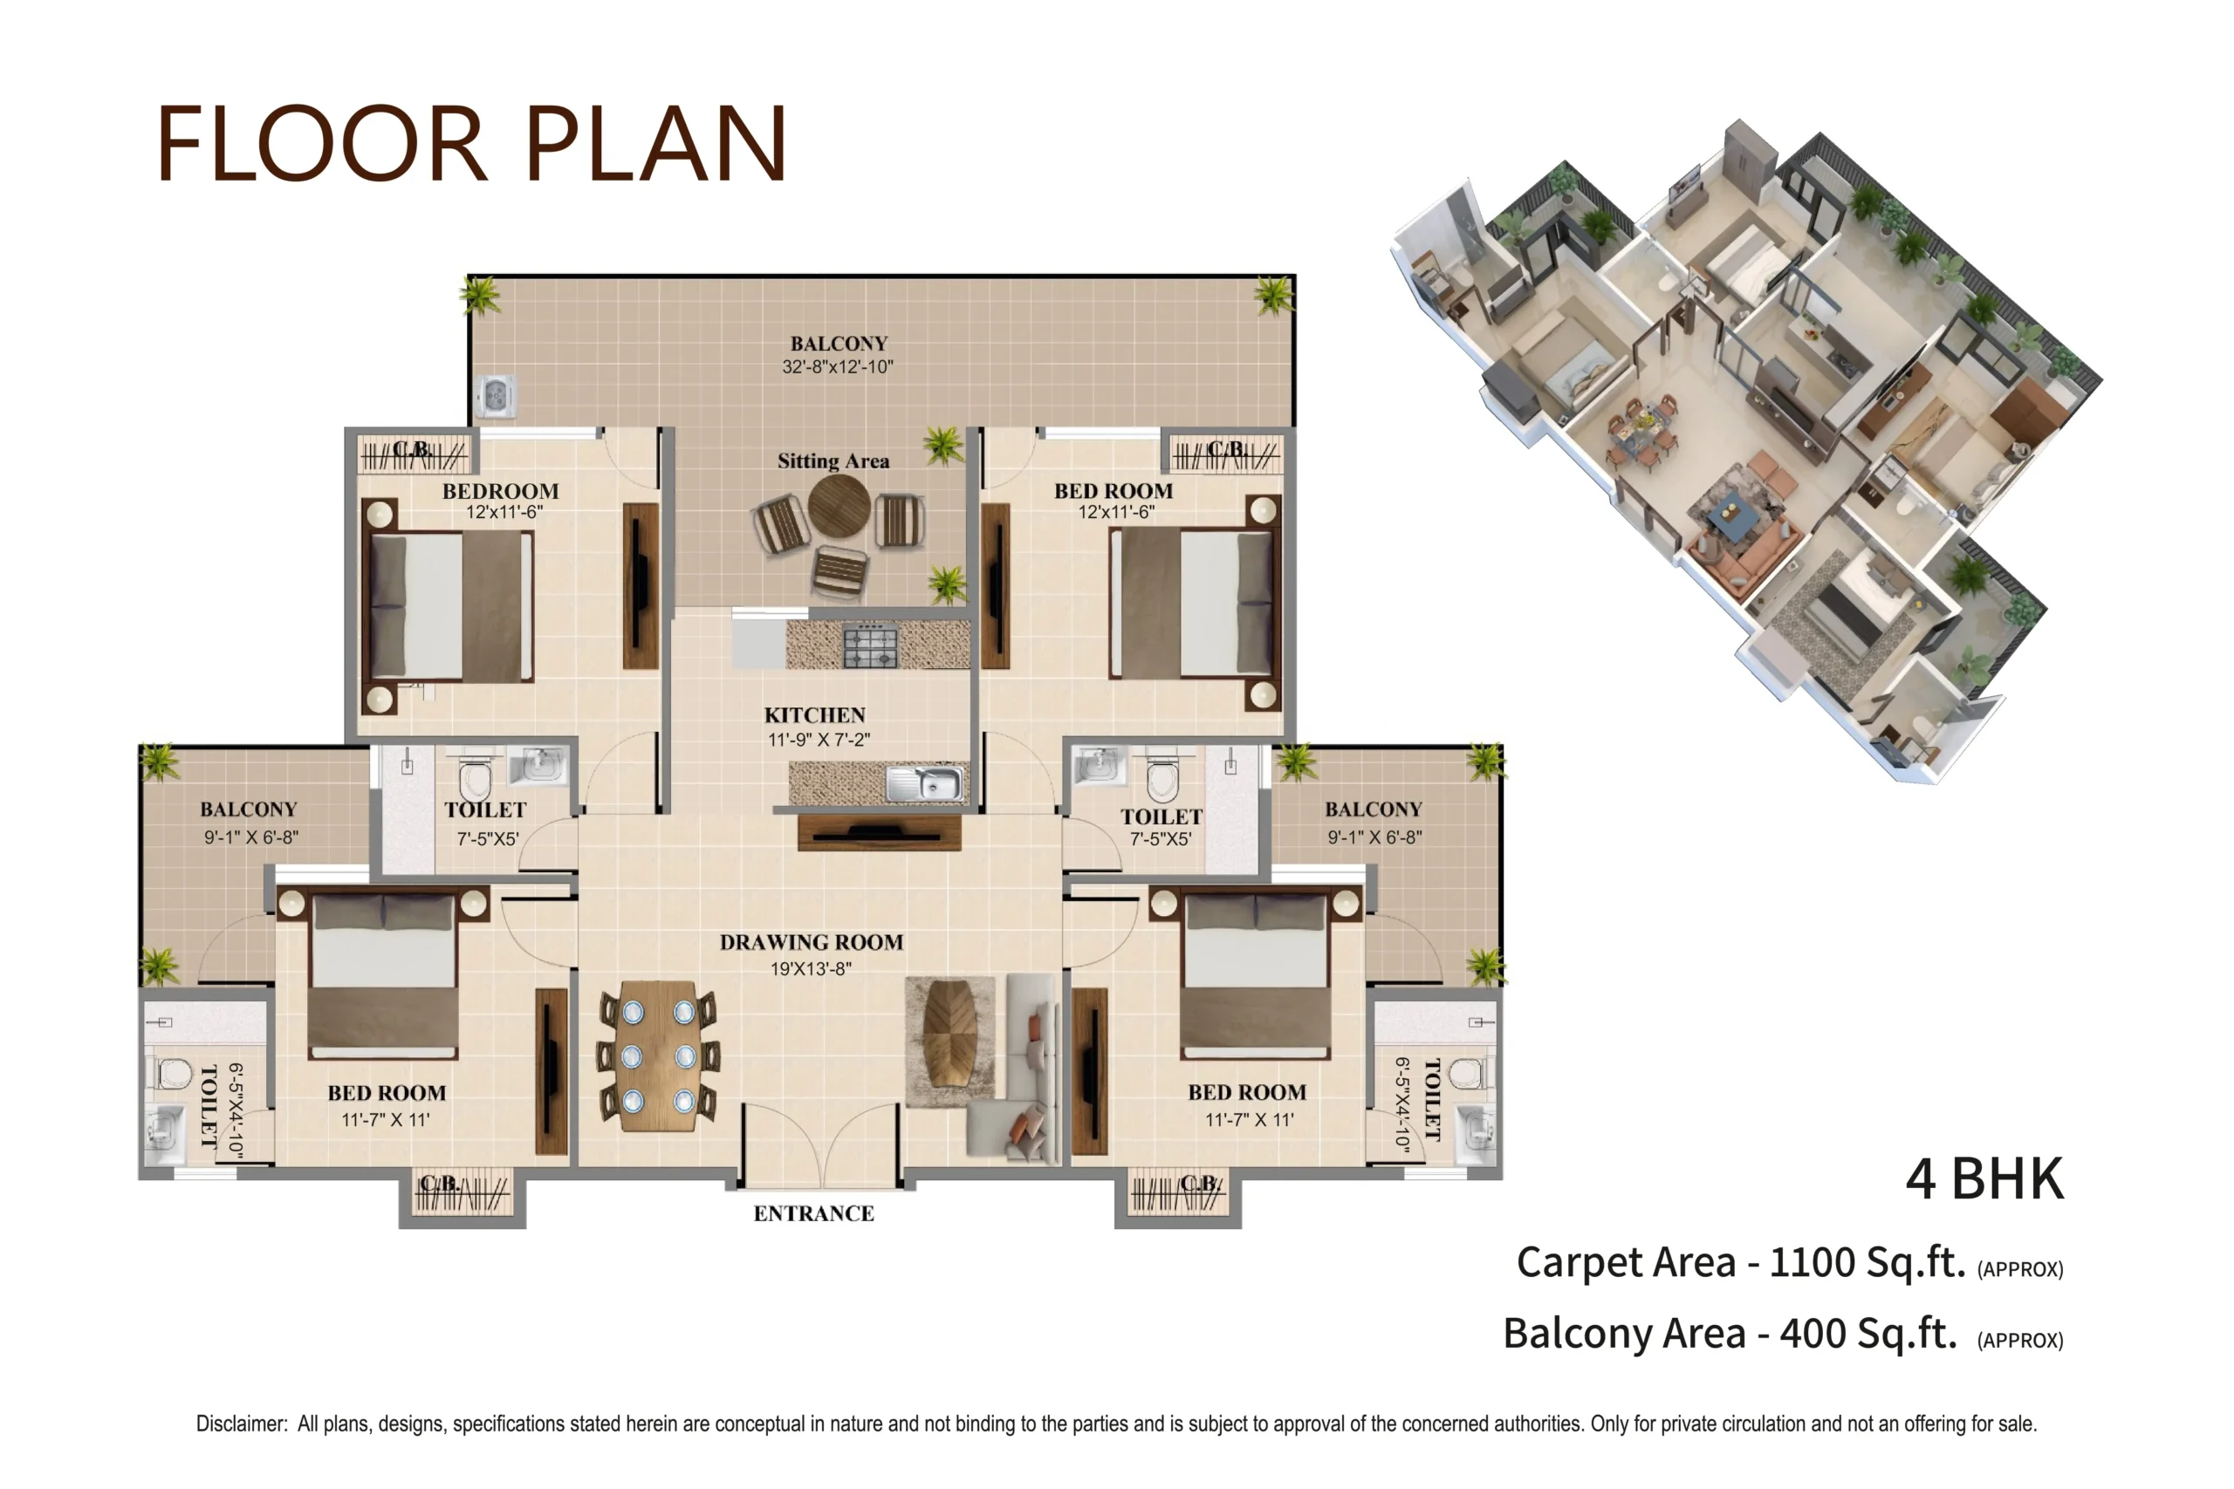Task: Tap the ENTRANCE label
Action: click(814, 1213)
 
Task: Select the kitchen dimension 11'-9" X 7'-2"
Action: click(819, 740)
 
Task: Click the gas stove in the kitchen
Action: click(870, 645)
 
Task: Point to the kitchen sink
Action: click(924, 784)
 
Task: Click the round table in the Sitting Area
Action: click(839, 506)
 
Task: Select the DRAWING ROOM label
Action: click(812, 942)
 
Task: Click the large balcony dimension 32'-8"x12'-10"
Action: click(838, 366)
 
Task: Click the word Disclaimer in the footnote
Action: click(240, 1424)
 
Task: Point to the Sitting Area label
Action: click(833, 461)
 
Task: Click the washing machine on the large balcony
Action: click(496, 395)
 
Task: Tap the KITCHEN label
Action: click(815, 715)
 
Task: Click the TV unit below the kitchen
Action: click(880, 833)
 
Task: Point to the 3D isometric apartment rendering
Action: click(1746, 451)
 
